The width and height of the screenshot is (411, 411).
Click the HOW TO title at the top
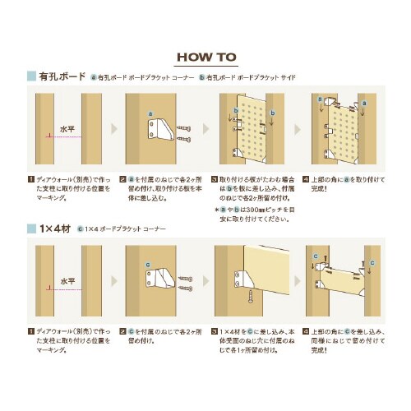205,58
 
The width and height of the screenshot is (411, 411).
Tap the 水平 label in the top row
66,129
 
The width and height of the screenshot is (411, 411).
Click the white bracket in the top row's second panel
159,131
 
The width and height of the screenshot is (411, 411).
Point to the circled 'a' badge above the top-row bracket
150,113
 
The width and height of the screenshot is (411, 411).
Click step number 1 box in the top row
30,178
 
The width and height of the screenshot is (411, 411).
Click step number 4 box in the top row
306,178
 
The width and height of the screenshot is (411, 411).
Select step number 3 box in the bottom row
215,330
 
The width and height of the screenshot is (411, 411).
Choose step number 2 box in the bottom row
122,330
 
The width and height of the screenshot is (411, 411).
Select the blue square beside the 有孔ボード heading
30,76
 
